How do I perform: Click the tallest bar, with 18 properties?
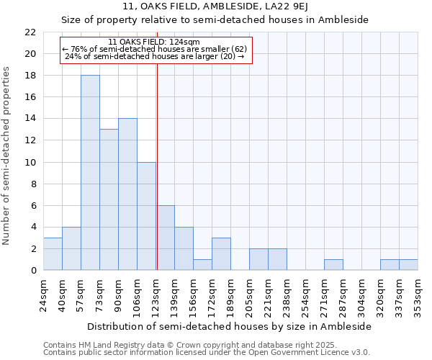point(90,173)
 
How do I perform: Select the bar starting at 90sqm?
point(127,194)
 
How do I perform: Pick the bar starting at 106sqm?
point(146,216)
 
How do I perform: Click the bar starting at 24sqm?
point(53,253)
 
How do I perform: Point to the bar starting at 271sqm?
point(333,264)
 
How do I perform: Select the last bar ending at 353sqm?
point(408,264)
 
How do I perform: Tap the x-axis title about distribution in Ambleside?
point(230,326)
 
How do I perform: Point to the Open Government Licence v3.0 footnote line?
point(207,353)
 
